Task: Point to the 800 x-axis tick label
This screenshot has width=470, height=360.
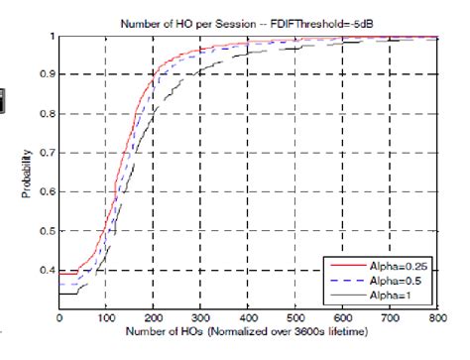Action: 434,317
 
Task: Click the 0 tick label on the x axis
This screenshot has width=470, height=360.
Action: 59,317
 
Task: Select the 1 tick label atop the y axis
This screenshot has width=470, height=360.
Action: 53,37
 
